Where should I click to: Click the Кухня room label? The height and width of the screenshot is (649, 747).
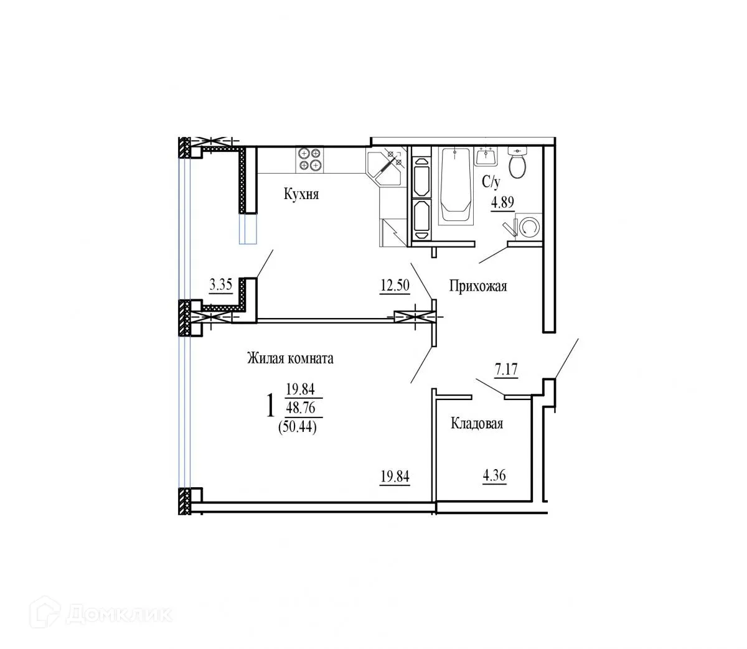click(x=301, y=195)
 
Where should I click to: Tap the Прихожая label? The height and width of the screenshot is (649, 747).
click(x=478, y=286)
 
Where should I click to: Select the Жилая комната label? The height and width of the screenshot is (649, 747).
click(x=290, y=358)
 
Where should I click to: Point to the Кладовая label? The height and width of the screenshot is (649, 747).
click(x=476, y=424)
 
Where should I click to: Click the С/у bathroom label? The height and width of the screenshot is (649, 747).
click(x=491, y=182)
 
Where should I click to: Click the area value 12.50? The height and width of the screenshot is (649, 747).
click(x=395, y=286)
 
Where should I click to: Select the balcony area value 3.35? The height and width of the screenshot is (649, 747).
click(x=221, y=285)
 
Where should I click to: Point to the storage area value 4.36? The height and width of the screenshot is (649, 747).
click(x=494, y=477)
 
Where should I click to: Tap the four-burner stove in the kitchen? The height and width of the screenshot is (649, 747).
click(x=309, y=159)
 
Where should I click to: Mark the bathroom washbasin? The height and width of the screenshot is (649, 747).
click(x=486, y=156)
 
